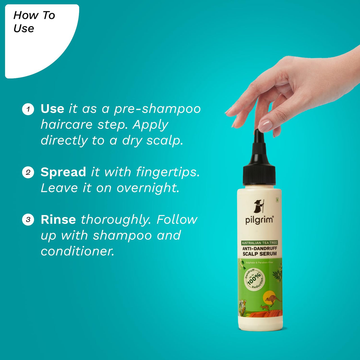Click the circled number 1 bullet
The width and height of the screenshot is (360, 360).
pos(28,109)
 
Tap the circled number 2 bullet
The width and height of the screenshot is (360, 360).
pos(28,172)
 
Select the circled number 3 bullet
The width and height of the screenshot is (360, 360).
pos(28,219)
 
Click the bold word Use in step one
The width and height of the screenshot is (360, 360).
pos(52,109)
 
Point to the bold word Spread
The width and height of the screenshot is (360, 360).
pos(63,172)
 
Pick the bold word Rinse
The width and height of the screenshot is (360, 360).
pos(58,219)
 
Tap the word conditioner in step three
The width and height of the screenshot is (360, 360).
pos(78,251)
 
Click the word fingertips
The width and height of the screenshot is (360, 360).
pos(168,172)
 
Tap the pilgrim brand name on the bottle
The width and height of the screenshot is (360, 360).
pos(259,220)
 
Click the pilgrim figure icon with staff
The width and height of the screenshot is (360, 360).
pos(259,206)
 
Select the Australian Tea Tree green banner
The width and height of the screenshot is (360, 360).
pos(259,243)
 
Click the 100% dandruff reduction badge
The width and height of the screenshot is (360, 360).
pos(254,279)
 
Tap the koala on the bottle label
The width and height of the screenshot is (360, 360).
pos(242,304)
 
